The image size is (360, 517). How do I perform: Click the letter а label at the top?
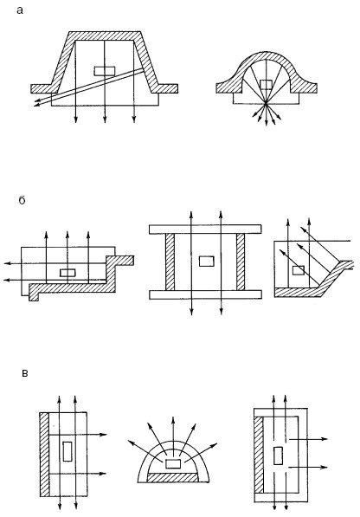(20, 10)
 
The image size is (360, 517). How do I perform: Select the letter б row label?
(22, 200)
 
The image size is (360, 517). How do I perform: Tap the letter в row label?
(24, 373)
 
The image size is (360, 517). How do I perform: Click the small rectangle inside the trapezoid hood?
(105, 71)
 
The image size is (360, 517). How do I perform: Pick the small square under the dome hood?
(266, 85)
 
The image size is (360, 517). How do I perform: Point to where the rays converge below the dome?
(266, 104)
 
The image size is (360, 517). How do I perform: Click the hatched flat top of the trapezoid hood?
(105, 36)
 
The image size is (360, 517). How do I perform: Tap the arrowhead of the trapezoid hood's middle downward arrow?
(105, 120)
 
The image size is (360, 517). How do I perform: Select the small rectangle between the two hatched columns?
(207, 262)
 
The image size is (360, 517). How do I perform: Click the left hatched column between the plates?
(170, 262)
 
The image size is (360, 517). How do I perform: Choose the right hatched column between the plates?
(241, 262)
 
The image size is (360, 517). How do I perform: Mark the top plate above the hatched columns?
(205, 229)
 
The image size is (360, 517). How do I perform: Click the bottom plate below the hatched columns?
(205, 294)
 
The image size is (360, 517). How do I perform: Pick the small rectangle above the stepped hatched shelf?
(67, 273)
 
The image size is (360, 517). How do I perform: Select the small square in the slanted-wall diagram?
(299, 270)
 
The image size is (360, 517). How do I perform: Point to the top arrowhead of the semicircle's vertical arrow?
(173, 420)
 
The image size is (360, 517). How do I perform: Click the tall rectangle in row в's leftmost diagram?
(67, 451)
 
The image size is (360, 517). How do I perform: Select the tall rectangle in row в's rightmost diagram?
(278, 456)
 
